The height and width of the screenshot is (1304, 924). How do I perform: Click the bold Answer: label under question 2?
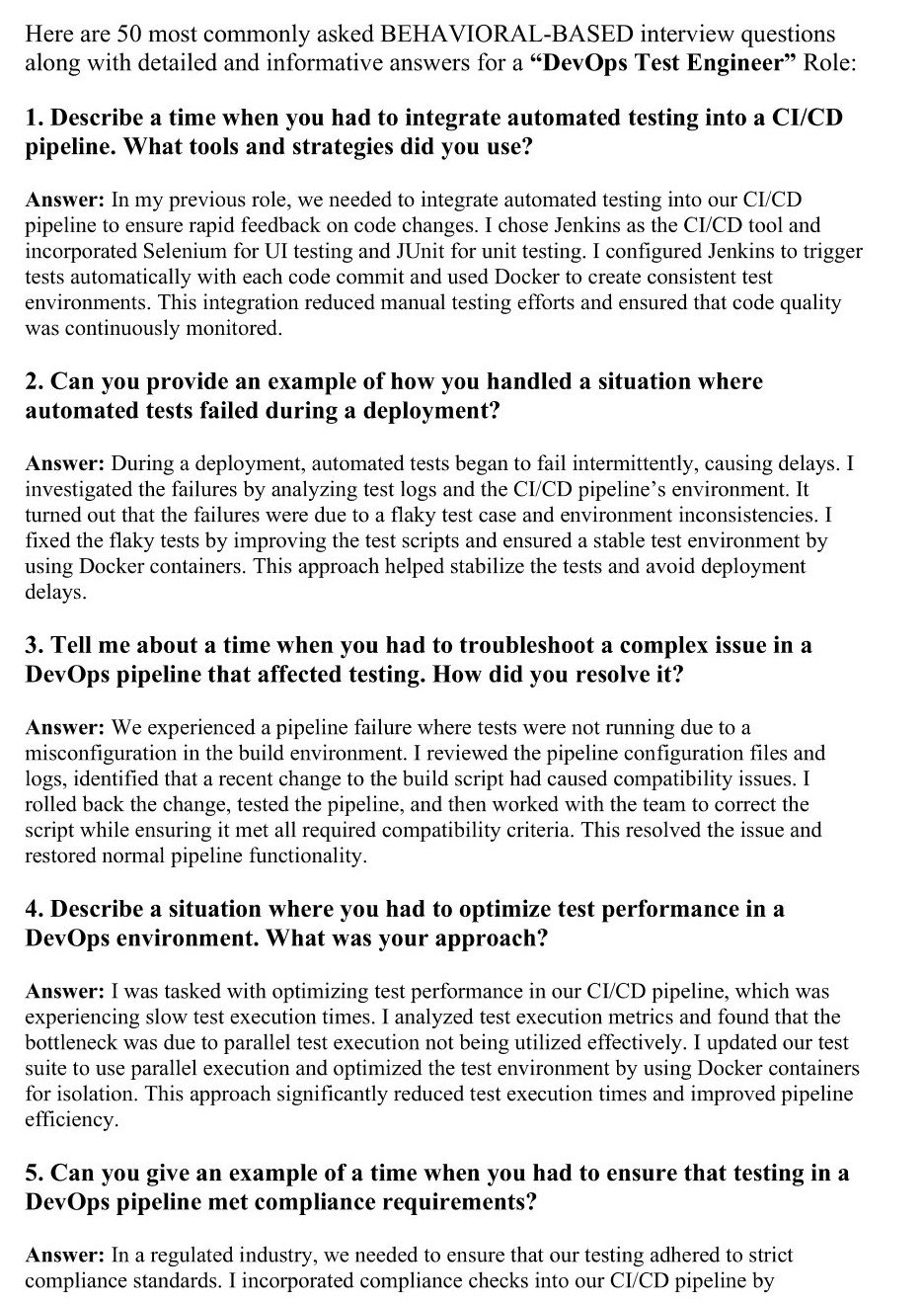click(x=64, y=462)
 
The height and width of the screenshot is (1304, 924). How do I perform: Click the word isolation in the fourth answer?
click(x=90, y=1094)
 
